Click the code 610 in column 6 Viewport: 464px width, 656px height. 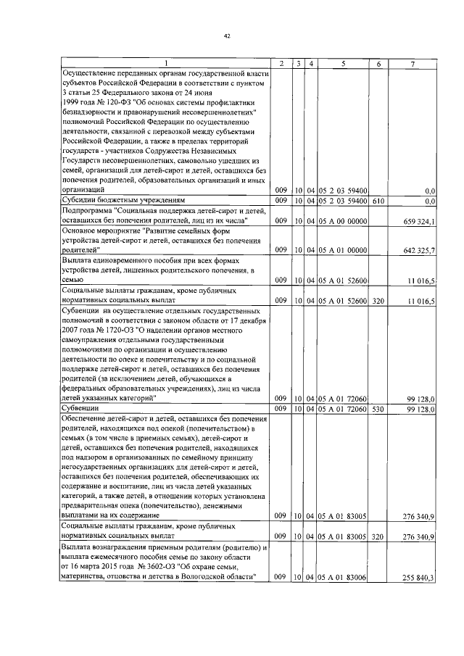[378, 200]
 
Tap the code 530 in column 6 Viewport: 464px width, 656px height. [378, 410]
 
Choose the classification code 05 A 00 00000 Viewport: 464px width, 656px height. [342, 220]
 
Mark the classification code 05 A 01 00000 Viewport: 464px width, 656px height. [342, 250]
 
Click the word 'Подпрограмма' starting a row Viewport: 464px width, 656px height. [91, 210]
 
